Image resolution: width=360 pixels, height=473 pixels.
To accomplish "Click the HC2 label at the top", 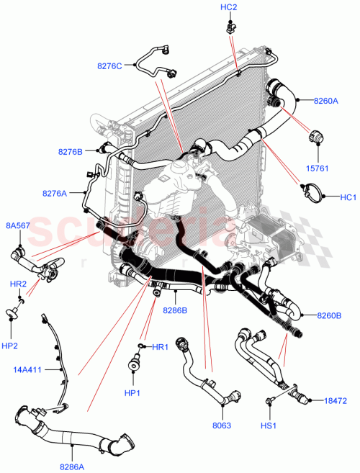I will coord(228,7).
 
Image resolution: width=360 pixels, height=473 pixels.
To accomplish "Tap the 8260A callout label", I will coord(326,101).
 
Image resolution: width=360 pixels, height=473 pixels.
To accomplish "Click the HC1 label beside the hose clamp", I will coord(348,197).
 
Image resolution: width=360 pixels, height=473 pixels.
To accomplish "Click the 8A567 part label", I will coord(18,226).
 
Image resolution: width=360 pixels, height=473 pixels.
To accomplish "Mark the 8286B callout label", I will coord(175,310).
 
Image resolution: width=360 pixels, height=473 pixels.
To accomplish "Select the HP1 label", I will coord(132,392).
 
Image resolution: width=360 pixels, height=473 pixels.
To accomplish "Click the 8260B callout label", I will coord(328,315).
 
